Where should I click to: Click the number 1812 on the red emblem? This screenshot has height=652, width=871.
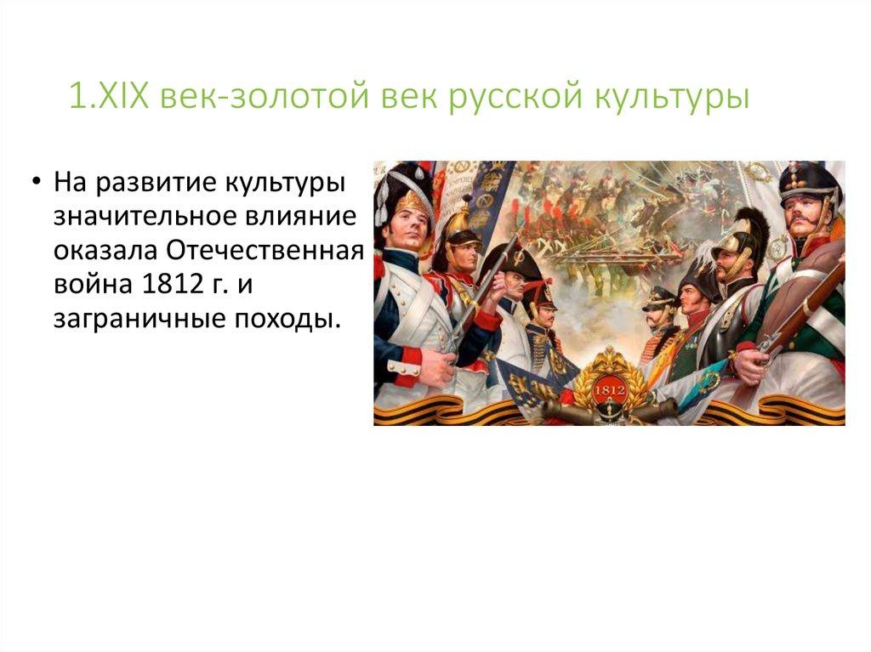[610, 388]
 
